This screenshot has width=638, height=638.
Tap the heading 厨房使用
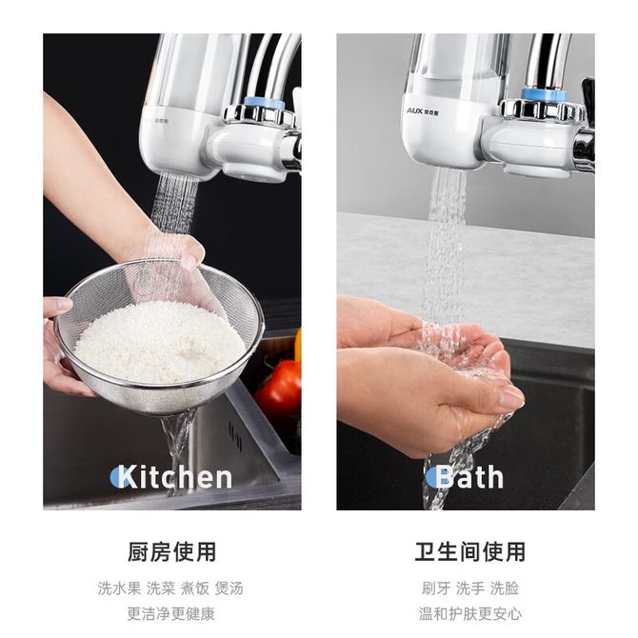[x=171, y=552]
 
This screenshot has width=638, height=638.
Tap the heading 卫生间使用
[x=470, y=552]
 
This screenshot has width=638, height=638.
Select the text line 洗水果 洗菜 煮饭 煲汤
[x=170, y=588]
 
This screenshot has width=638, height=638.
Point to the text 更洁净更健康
[x=170, y=613]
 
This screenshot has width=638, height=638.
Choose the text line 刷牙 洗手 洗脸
[x=470, y=588]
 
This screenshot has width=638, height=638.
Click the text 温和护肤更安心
[x=470, y=613]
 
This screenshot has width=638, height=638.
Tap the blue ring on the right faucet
[x=545, y=95]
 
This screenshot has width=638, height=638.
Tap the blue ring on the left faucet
[x=265, y=103]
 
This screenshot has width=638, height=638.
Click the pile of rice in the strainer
[x=161, y=342]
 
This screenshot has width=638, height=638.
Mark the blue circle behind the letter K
[x=118, y=477]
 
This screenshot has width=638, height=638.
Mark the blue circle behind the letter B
[x=431, y=477]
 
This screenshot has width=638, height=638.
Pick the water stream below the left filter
[x=173, y=204]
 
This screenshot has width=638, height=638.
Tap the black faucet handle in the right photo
[x=588, y=93]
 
